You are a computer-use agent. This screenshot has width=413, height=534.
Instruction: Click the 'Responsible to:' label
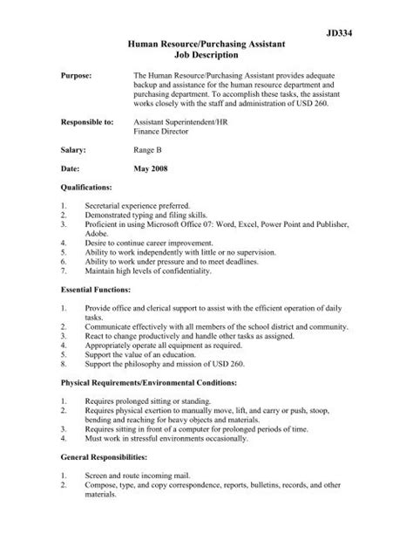pyautogui.click(x=89, y=124)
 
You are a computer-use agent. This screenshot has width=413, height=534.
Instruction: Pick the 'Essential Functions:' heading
pyautogui.click(x=96, y=288)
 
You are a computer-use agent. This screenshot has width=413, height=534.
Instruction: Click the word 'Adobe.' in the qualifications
pyautogui.click(x=97, y=235)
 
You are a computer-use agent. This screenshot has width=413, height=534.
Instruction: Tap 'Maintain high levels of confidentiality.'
pyautogui.click(x=148, y=270)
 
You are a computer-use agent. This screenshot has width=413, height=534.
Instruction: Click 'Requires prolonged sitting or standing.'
pyautogui.click(x=146, y=400)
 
